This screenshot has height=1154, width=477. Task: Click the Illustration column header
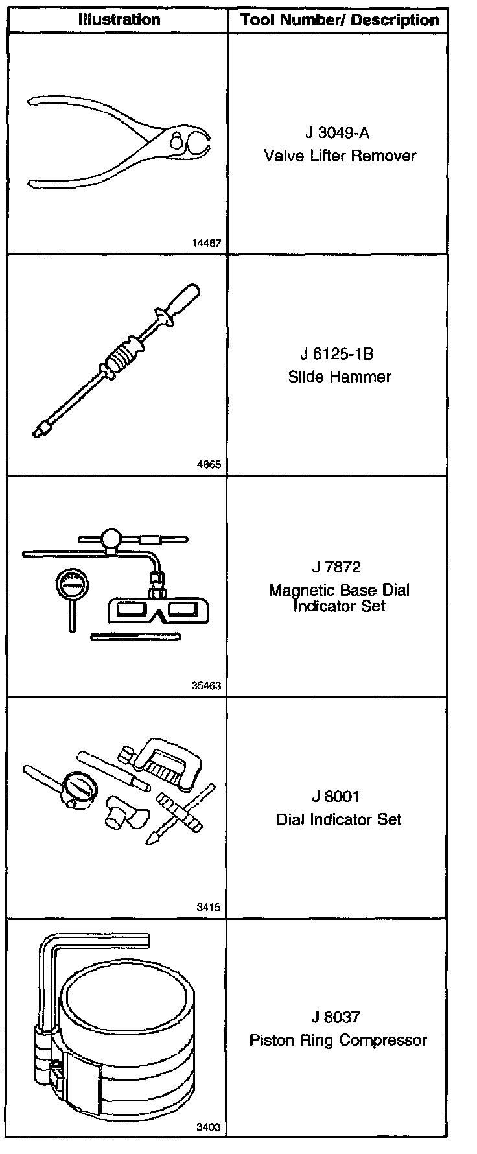point(119,19)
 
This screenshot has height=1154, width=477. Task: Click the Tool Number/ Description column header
point(340,20)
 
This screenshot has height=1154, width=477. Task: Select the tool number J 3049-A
point(337,133)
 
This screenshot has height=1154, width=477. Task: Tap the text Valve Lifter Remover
point(340,156)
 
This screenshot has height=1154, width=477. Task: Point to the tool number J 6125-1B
point(337,354)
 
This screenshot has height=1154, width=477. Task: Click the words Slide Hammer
point(340,377)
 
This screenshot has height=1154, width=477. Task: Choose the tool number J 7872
point(336,567)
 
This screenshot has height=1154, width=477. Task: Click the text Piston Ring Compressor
point(338,1040)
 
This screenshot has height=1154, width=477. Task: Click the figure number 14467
point(207,244)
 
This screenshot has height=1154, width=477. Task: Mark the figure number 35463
point(207,685)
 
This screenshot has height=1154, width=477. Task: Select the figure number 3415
point(209,907)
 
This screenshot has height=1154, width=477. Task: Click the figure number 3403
point(209,1127)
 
